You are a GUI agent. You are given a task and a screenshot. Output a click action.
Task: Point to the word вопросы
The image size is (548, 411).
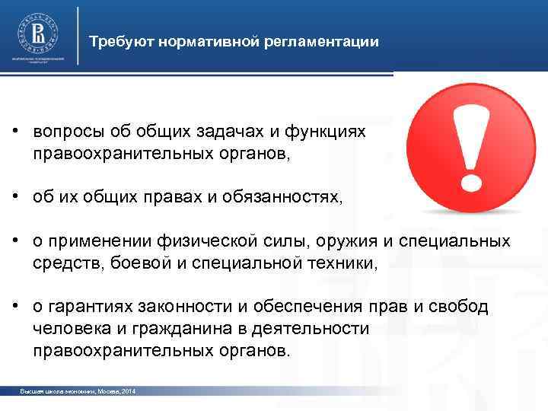point(63,132)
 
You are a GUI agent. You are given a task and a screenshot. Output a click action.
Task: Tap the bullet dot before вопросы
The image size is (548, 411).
point(15,132)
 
